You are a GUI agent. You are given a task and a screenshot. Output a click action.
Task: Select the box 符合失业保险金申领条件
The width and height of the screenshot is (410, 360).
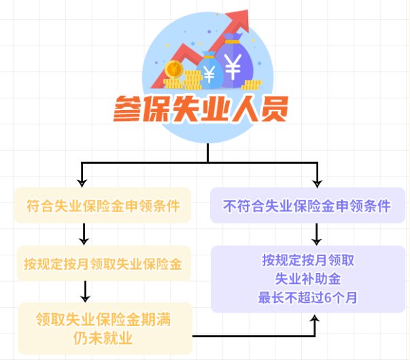click(x=103, y=206)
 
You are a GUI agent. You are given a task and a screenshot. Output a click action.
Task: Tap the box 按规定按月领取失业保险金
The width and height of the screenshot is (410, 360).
click(x=103, y=262)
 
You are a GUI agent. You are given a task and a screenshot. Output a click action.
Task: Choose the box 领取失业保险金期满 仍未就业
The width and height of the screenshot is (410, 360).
click(x=103, y=327)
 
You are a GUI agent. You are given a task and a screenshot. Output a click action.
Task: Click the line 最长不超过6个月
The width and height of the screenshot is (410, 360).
click(x=308, y=296)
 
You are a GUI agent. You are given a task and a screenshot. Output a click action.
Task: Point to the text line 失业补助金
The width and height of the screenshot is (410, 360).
click(x=308, y=278)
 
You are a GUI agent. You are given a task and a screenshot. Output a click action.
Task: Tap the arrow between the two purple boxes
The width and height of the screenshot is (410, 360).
click(x=317, y=235)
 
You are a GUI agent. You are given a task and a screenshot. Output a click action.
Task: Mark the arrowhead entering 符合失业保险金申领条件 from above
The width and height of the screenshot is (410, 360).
click(x=82, y=182)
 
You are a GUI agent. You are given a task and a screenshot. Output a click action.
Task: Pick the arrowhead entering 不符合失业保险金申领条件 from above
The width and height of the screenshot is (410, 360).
click(x=317, y=182)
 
